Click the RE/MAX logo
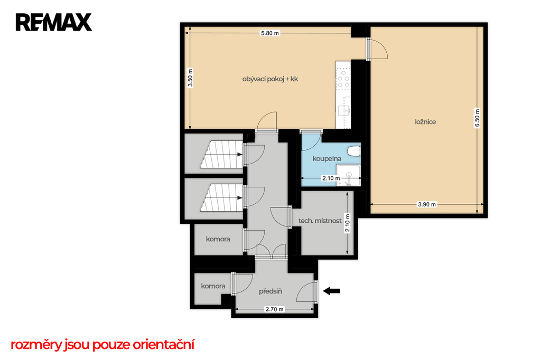point(53,22)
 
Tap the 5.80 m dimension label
point(270,33)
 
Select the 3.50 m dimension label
point(190,78)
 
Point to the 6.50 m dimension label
point(477,118)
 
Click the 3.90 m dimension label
point(427,204)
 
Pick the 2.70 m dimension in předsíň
point(275,309)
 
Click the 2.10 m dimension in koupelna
point(331,178)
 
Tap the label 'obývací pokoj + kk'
point(270,79)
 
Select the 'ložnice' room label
point(425,122)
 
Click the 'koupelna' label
point(327,158)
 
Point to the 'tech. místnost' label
point(320,221)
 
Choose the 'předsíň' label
point(270,291)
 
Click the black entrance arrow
point(332,291)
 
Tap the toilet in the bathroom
point(355,151)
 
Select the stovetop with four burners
point(343,79)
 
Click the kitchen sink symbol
point(344,110)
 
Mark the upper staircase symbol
point(221,154)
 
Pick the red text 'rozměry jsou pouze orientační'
point(102,345)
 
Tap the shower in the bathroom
point(349,176)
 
